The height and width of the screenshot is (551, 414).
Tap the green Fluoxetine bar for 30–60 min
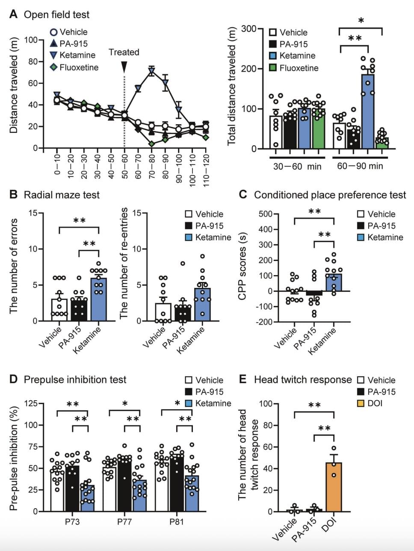coord(318,129)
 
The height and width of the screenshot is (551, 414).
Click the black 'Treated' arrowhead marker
coord(124,67)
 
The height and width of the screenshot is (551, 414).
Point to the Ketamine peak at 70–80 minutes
coord(151,72)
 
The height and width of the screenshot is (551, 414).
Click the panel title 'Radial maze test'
coord(62,195)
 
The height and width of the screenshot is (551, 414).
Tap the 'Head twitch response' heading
coord(303,380)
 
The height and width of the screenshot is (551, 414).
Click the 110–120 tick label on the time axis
coord(206,165)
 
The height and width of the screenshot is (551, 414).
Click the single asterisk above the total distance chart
coord(361,20)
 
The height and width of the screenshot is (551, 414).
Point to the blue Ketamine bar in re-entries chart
coord(203,304)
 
